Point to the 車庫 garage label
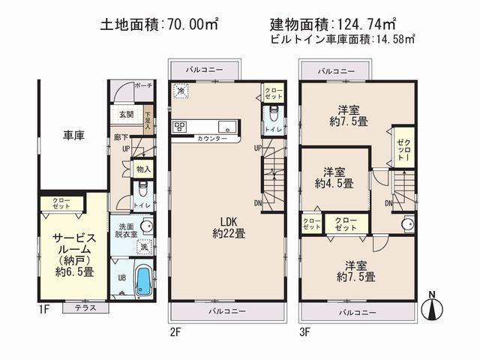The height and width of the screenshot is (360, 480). [73, 136]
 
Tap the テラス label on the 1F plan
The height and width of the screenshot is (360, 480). [79, 307]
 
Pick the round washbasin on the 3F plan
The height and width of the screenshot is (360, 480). [408, 223]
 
